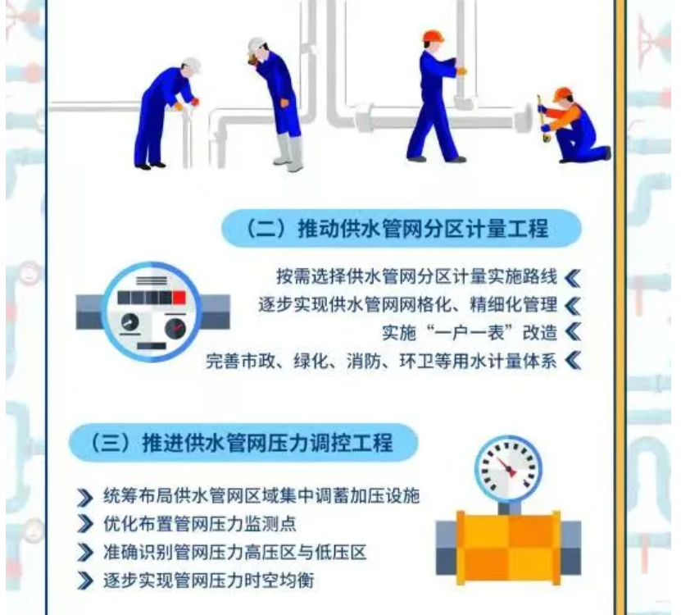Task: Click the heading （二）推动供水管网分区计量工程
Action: click(396, 229)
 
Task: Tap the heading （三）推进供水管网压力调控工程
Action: click(240, 443)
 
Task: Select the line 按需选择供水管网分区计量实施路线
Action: click(416, 276)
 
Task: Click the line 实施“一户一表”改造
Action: click(470, 333)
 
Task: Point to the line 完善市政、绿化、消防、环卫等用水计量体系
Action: click(381, 361)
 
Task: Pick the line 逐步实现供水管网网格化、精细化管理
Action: click(408, 305)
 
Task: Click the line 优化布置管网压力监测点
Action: click(200, 524)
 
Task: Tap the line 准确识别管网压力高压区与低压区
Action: click(235, 553)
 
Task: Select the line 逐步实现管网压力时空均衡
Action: click(208, 581)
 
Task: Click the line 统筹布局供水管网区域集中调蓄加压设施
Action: click(261, 496)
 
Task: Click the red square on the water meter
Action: click(179, 298)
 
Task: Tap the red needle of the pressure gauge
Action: click(506, 467)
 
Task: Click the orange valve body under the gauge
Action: click(508, 548)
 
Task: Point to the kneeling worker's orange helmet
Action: click(563, 93)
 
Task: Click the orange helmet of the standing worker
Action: click(433, 36)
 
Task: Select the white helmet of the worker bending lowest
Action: click(192, 65)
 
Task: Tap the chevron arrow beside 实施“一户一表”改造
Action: click(574, 333)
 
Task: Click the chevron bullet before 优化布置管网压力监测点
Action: click(84, 524)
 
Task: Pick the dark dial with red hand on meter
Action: click(175, 329)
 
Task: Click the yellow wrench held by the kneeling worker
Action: click(543, 118)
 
